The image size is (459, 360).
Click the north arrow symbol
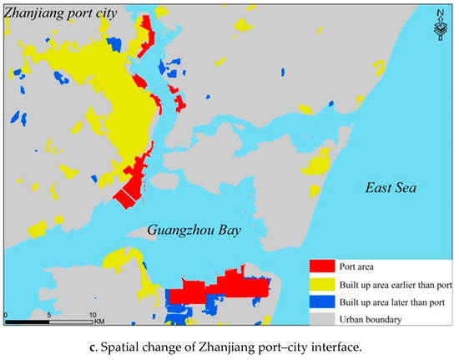[x=439, y=26]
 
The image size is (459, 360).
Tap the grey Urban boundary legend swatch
[x=320, y=318]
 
